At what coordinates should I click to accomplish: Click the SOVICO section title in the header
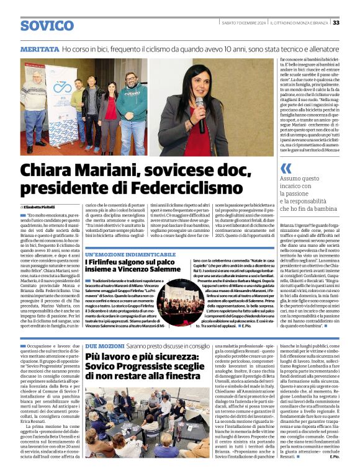(x=47, y=25)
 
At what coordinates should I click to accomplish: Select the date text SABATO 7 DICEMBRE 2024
(x=243, y=23)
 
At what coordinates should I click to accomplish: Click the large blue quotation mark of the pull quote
(x=286, y=168)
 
